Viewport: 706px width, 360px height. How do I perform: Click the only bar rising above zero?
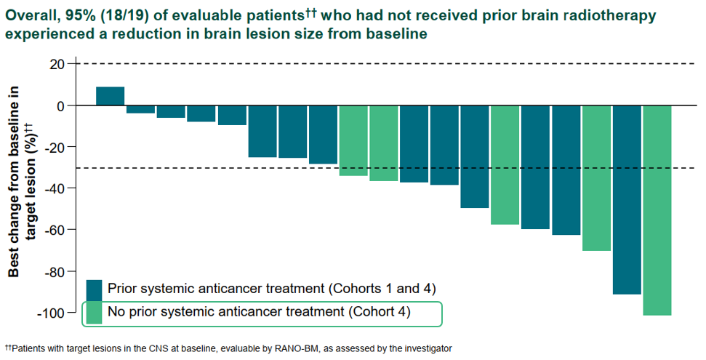pyautogui.click(x=111, y=96)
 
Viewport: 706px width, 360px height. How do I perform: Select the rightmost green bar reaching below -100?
pyautogui.click(x=657, y=210)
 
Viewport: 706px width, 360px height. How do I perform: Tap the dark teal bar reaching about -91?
pyautogui.click(x=627, y=199)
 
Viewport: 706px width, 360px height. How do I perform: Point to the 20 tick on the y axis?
pyautogui.click(x=57, y=64)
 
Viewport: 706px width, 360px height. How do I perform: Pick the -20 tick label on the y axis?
pyautogui.click(x=54, y=147)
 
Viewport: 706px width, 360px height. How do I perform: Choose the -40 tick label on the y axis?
pyautogui.click(x=54, y=188)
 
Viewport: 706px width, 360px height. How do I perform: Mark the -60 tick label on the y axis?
pyautogui.click(x=54, y=230)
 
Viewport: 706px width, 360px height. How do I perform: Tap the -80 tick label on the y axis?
pyautogui.click(x=54, y=271)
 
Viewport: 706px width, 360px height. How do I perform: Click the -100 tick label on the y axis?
pyautogui.click(x=50, y=313)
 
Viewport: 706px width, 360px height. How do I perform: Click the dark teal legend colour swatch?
pyautogui.click(x=94, y=289)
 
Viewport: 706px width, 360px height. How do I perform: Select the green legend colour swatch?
pyautogui.click(x=94, y=313)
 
